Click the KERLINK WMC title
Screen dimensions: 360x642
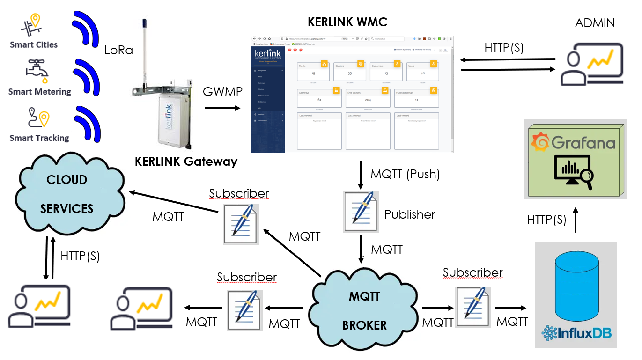(x=347, y=22)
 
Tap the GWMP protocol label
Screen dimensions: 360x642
(x=222, y=92)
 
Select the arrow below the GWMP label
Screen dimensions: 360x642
(x=222, y=109)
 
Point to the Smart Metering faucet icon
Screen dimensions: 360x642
(x=37, y=71)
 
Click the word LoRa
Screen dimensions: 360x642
(x=119, y=50)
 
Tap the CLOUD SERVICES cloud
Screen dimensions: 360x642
(x=67, y=194)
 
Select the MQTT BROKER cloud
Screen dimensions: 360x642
(x=364, y=309)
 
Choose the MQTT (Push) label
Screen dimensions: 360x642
(x=405, y=174)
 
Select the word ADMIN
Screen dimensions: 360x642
(x=595, y=22)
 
